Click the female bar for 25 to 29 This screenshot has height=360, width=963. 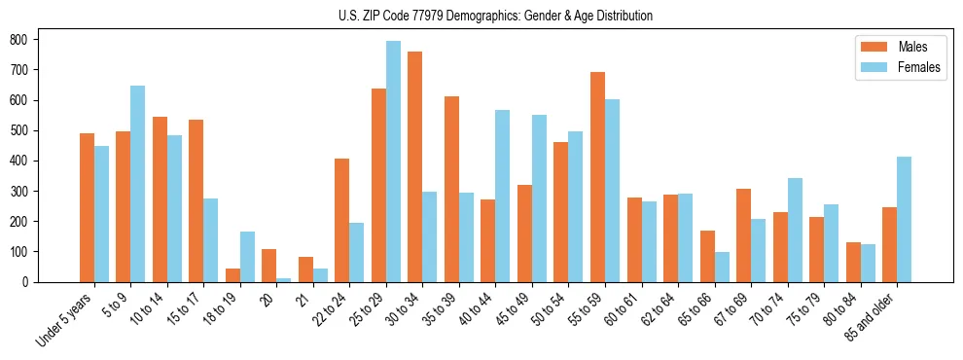pyautogui.click(x=393, y=162)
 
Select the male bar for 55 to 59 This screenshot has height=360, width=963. pyautogui.click(x=597, y=177)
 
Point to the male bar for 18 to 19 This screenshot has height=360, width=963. pyautogui.click(x=232, y=275)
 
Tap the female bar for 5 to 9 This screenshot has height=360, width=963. pyautogui.click(x=138, y=184)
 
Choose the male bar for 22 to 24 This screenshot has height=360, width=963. pyautogui.click(x=342, y=220)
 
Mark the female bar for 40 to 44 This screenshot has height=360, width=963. pyautogui.click(x=503, y=196)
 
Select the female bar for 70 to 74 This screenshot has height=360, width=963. pyautogui.click(x=795, y=230)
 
